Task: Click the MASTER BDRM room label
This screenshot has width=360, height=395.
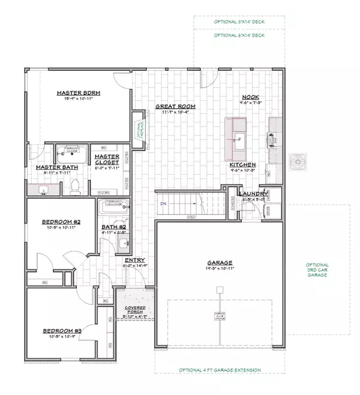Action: (78, 93)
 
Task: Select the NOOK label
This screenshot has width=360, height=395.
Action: (250, 97)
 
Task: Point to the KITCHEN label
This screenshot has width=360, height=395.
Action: (242, 164)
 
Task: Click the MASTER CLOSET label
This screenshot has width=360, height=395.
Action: (107, 159)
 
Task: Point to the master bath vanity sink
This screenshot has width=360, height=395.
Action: (43, 191)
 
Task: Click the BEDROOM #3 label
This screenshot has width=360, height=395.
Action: (58, 330)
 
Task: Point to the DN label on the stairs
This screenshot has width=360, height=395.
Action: (163, 204)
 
